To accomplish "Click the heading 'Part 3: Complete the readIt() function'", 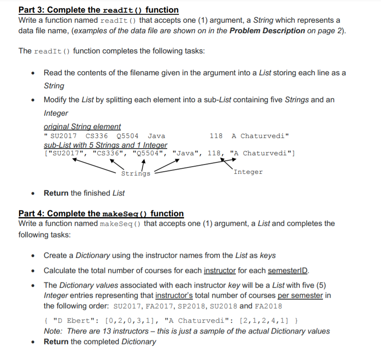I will [x=99, y=10].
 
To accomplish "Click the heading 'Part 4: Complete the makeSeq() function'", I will [x=101, y=214].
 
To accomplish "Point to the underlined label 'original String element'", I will [x=82, y=127].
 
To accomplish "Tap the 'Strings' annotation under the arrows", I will [x=136, y=173].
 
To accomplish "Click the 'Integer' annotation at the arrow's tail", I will [x=248, y=172].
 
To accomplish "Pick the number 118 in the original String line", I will [x=216, y=136].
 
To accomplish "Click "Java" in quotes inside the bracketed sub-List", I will [x=186, y=153].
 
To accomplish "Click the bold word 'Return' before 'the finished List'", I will [x=56, y=193].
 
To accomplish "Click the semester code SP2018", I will [x=192, y=306].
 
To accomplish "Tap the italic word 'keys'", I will [x=267, y=255].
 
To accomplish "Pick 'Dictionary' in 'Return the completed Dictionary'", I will [x=139, y=341].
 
